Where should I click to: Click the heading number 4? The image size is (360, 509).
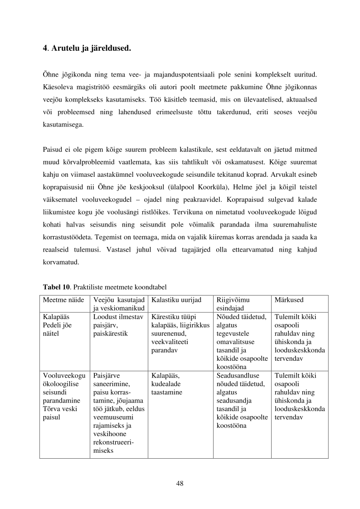coord(44,47)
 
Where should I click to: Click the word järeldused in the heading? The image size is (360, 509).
coord(112,47)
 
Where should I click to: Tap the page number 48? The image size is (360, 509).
coord(180,483)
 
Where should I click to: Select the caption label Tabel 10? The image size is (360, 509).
coord(56,287)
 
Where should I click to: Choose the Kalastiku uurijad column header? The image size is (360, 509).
coord(176,300)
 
